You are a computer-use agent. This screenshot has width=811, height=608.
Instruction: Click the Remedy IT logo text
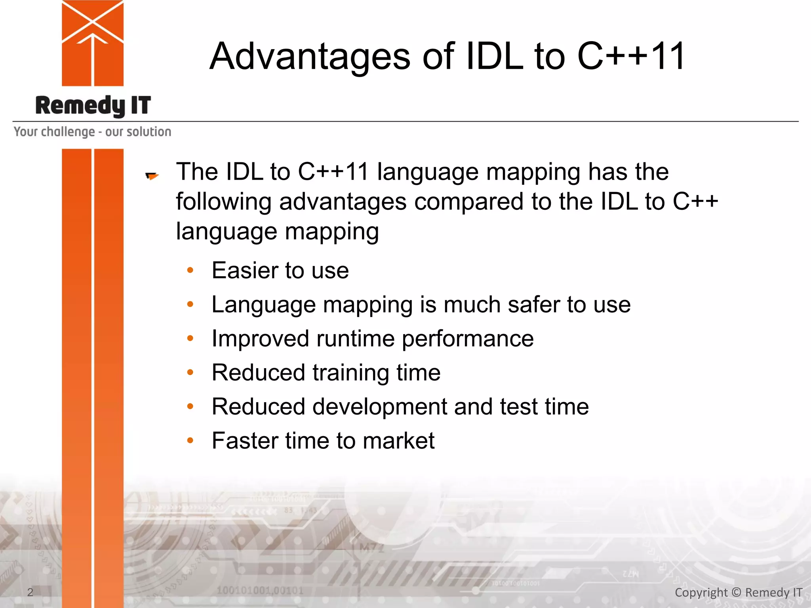click(x=93, y=106)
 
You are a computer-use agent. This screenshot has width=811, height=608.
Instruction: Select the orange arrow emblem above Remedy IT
click(x=93, y=43)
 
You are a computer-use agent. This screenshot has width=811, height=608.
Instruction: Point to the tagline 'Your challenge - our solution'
click(x=92, y=131)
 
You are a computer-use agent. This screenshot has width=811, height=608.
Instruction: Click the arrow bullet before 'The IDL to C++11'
click(x=152, y=176)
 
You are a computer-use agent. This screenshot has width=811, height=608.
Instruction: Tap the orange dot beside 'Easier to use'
click(x=190, y=270)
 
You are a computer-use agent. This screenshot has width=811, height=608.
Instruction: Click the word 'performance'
click(x=468, y=339)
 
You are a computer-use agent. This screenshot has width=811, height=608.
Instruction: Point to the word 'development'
click(x=380, y=407)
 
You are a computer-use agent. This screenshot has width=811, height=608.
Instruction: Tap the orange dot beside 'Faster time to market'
click(x=190, y=441)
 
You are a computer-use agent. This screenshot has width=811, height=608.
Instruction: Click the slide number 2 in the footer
click(x=30, y=592)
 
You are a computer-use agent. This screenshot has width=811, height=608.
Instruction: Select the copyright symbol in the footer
click(x=736, y=592)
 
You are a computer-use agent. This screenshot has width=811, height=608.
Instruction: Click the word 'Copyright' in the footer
click(x=701, y=593)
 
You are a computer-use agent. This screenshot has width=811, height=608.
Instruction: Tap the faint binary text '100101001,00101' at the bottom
click(x=260, y=591)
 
